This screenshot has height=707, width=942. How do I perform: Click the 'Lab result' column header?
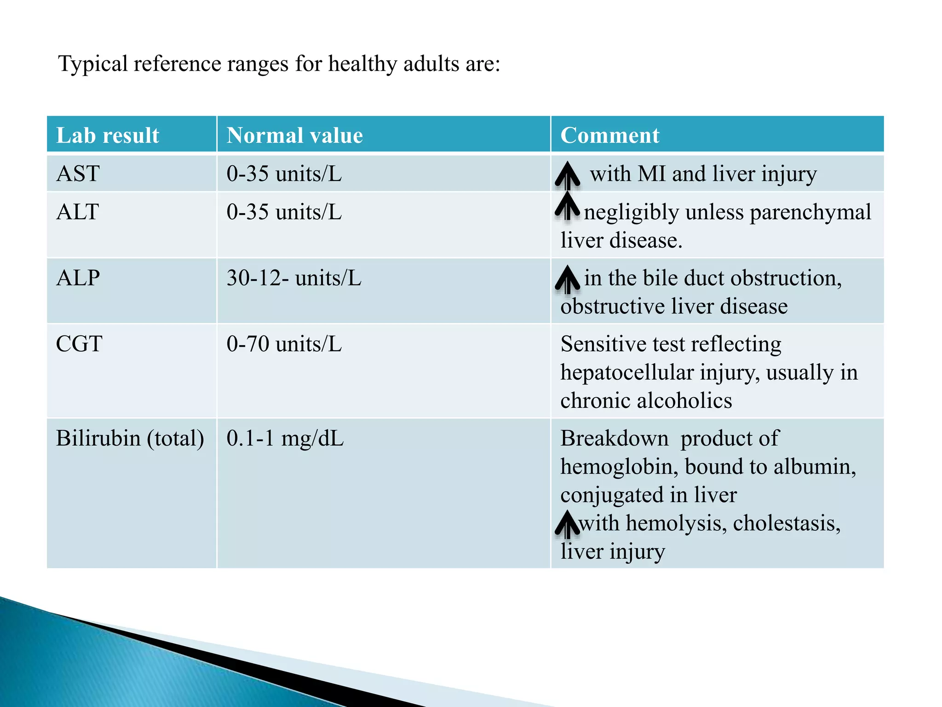[x=108, y=135]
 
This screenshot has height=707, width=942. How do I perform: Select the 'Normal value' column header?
[x=294, y=135]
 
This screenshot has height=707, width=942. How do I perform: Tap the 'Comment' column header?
[x=609, y=135]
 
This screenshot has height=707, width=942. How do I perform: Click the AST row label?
[x=78, y=174]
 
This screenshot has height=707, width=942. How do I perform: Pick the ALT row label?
[x=77, y=212]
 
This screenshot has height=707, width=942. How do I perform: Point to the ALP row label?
[x=78, y=278]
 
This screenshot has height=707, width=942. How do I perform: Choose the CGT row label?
[x=79, y=344]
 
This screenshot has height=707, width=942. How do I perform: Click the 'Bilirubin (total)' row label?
[x=130, y=438]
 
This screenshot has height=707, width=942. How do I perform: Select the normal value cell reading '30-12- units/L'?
[x=293, y=278]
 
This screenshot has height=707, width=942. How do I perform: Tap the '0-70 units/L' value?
[x=284, y=344]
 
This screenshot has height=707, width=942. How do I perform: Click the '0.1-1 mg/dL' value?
[x=285, y=438]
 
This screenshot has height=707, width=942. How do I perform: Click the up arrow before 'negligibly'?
[x=567, y=206]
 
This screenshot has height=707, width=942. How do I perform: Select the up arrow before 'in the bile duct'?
[x=567, y=279]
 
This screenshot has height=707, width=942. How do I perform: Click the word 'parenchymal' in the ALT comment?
[x=810, y=213]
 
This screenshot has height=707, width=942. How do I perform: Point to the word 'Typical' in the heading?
[x=93, y=64]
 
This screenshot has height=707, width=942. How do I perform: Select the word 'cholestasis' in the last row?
[x=786, y=523]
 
